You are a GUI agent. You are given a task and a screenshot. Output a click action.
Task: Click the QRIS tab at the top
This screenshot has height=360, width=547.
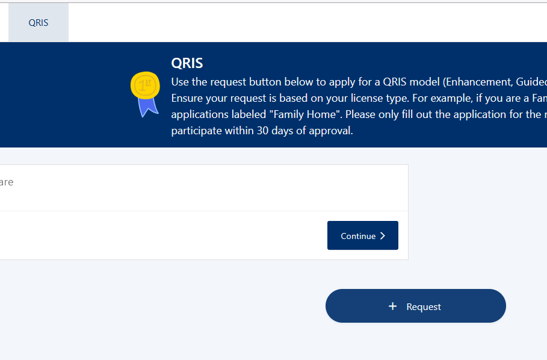tap(39, 23)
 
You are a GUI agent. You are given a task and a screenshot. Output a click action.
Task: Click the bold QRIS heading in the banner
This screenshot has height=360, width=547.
tap(187, 63)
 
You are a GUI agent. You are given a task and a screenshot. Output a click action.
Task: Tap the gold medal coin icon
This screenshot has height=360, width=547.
tap(145, 85)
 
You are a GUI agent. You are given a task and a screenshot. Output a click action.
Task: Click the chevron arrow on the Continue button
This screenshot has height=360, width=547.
tap(383, 236)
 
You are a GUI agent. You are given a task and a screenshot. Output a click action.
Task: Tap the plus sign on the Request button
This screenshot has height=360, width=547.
tap(393, 306)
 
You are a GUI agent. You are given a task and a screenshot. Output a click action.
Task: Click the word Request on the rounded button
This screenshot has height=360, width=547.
tap(424, 307)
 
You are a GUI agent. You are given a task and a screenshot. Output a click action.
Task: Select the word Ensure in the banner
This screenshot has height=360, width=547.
tap(188, 98)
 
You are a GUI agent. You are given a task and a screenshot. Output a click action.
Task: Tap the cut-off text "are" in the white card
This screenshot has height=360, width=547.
tap(7, 182)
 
